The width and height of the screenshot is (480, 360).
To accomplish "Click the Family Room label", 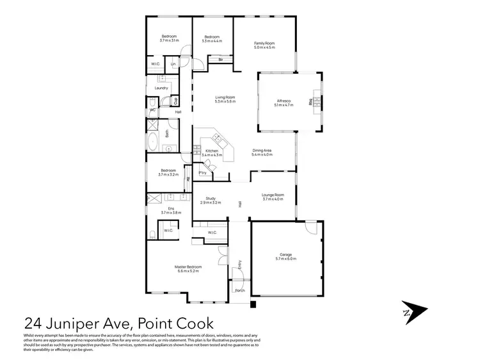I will (264, 43).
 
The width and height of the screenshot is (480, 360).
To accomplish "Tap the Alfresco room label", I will (284, 101).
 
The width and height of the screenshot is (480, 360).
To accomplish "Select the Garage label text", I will (285, 254).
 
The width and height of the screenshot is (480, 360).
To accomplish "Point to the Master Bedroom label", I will (188, 266).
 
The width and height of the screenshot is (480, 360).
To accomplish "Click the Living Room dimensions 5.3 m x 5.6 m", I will (225, 101).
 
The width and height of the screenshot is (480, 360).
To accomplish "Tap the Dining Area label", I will (262, 151).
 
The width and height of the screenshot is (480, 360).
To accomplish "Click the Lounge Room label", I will (273, 195).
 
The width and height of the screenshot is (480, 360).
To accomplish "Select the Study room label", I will (211, 198).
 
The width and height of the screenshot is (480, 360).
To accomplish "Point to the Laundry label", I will (161, 88).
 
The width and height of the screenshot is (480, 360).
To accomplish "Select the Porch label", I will (240, 290).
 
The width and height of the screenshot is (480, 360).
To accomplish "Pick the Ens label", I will (171, 208).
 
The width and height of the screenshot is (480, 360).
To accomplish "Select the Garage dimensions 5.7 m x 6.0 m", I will (285, 258).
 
